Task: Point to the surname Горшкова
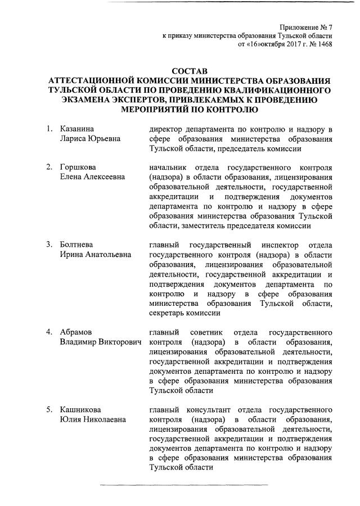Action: click(x=78, y=168)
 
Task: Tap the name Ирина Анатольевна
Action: click(x=96, y=255)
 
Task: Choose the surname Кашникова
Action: click(x=80, y=409)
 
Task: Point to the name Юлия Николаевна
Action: click(x=93, y=419)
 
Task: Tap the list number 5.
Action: click(x=49, y=409)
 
